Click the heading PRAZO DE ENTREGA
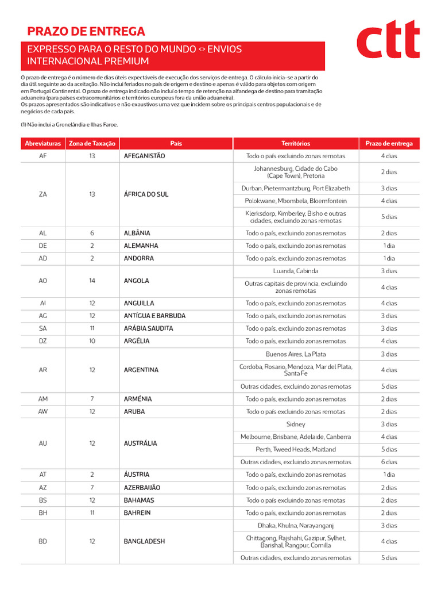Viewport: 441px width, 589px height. [x=86, y=32]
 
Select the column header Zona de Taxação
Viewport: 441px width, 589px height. [x=92, y=143]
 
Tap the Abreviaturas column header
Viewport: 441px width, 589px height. [x=43, y=143]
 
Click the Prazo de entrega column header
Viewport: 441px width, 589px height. [x=389, y=143]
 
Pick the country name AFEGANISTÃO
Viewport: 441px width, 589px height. [x=144, y=156]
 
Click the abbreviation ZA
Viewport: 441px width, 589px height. [x=43, y=194]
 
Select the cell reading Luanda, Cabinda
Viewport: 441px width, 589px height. [x=296, y=271]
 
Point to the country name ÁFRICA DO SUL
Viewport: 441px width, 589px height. [x=146, y=194]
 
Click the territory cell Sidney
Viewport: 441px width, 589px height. [x=296, y=424]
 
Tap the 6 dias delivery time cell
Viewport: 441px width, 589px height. [x=389, y=462]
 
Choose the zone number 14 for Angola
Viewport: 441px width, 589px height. [x=92, y=281]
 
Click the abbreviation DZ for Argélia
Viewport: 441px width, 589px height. [x=43, y=341]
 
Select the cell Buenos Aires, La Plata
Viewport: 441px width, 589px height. [x=296, y=354]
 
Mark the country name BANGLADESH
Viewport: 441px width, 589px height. [x=144, y=541]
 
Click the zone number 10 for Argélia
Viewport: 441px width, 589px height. [x=92, y=341]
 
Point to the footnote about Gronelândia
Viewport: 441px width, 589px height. [x=69, y=124]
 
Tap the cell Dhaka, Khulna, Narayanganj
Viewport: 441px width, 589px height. [x=296, y=525]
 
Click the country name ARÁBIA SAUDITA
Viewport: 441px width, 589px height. [x=148, y=328]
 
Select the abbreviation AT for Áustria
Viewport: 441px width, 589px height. [x=43, y=475]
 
